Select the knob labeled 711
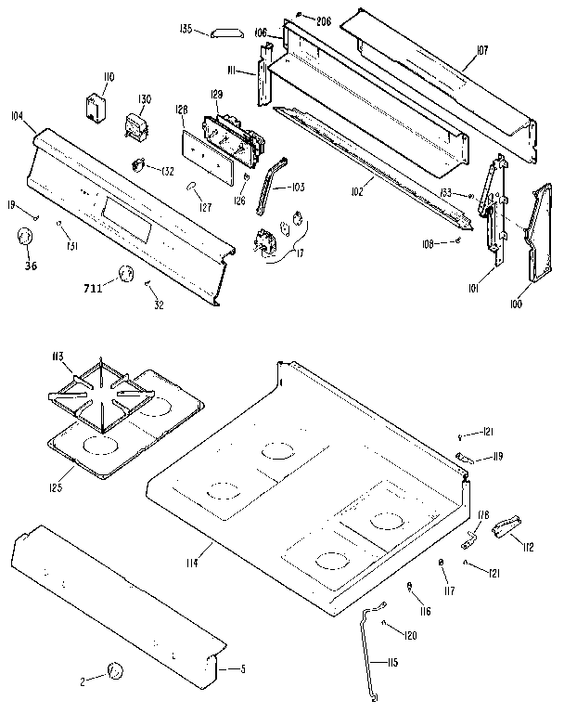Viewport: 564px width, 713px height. (125, 274)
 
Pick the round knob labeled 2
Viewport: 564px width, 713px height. (115, 670)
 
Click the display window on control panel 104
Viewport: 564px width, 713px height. (125, 212)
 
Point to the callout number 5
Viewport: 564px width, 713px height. (242, 668)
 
